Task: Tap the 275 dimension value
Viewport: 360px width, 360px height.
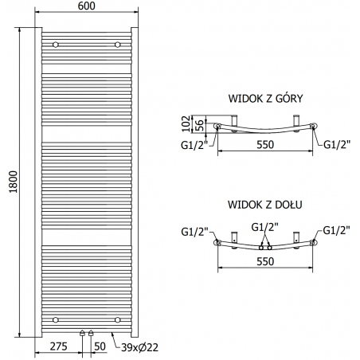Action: click(x=57, y=347)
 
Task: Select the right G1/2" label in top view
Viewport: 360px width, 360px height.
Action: click(x=336, y=143)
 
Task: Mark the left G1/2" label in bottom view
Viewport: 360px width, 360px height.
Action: click(x=194, y=232)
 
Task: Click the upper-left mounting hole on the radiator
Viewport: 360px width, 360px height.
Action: click(x=55, y=44)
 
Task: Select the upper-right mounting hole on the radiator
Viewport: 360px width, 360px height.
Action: click(x=117, y=44)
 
